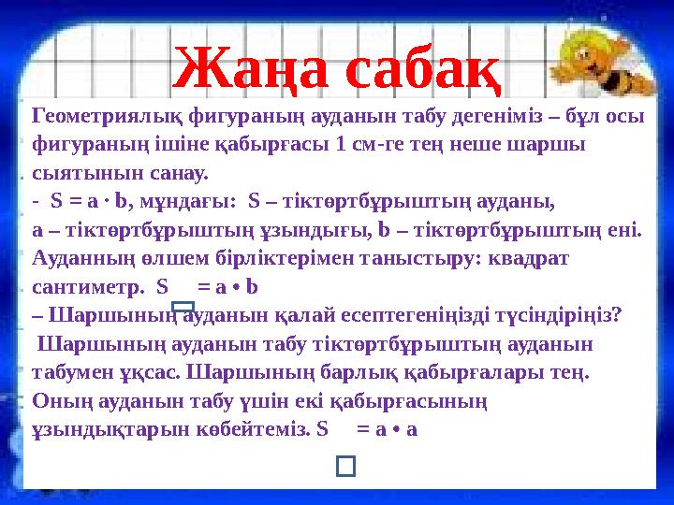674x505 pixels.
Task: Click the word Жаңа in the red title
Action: point(249,68)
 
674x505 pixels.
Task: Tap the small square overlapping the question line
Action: point(184,306)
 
